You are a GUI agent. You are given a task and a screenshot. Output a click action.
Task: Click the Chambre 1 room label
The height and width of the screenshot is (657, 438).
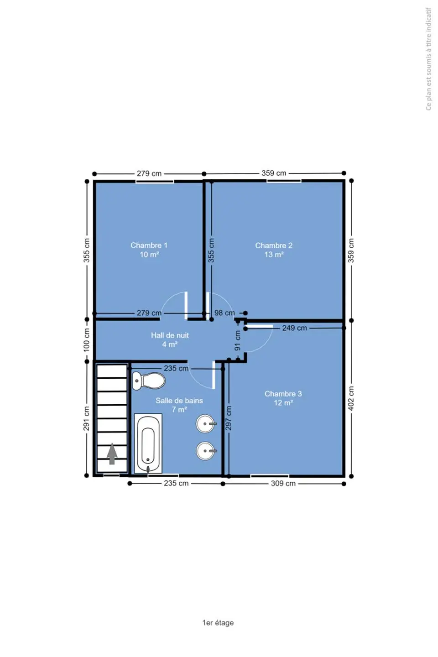coord(149,250)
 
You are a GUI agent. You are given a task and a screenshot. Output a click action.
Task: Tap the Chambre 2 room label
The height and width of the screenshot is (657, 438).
coord(274,250)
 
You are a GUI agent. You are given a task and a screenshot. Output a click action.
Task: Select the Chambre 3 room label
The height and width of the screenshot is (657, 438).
coord(283,398)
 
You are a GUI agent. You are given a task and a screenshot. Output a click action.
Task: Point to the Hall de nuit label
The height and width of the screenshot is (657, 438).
coord(170,339)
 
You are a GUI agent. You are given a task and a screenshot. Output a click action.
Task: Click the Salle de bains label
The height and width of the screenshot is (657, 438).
coord(179,405)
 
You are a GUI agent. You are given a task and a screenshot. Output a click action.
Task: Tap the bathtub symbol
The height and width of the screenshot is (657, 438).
coord(148,443)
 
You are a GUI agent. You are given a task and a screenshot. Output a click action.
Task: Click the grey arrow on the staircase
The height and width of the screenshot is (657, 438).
coord(112,454)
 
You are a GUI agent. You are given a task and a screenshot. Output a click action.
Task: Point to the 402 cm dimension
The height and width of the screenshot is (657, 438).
coord(351,398)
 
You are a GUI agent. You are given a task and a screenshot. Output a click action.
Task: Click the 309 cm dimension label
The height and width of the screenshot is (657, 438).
coord(283,483)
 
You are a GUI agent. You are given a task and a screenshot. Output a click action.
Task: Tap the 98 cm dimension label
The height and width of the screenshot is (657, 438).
coord(224,313)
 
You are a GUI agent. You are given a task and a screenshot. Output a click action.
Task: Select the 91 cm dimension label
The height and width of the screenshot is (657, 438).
coord(238,340)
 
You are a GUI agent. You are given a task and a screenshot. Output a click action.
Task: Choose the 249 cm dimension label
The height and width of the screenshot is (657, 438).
coord(295,328)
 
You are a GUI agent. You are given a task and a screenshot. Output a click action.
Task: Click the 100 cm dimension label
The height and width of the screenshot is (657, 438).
coord(87,340)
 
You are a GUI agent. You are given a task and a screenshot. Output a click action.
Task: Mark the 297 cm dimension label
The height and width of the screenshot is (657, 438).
coord(228,418)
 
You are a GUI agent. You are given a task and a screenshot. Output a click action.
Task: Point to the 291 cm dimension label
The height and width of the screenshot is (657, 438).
coord(86,418)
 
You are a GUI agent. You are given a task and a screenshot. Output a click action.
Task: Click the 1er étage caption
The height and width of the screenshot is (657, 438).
coord(218,622)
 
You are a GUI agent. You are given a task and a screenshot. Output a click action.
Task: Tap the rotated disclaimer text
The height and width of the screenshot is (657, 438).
coord(428,59)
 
